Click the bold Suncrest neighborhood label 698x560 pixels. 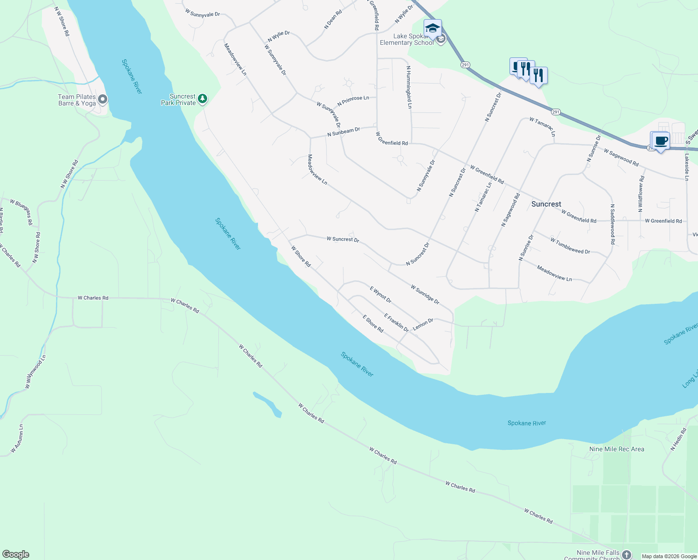coord(546,204)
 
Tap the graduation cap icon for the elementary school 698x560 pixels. coord(433,28)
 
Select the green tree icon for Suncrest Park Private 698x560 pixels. coord(202,98)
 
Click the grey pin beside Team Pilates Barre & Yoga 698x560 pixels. coord(103,99)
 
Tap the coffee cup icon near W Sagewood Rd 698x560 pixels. coord(660,140)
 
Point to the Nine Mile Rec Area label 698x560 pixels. coord(616,449)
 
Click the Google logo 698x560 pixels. coord(15,554)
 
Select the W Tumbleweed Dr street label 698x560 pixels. coord(570,246)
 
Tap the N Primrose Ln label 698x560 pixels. coord(353,100)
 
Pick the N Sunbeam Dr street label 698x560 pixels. coord(343,132)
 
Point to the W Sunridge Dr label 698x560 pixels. coord(425,294)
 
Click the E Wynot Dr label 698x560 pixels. coord(380,294)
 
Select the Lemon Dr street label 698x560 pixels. coord(423,323)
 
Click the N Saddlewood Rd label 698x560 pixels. coord(612,224)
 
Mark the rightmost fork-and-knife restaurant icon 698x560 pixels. coord(538,76)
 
